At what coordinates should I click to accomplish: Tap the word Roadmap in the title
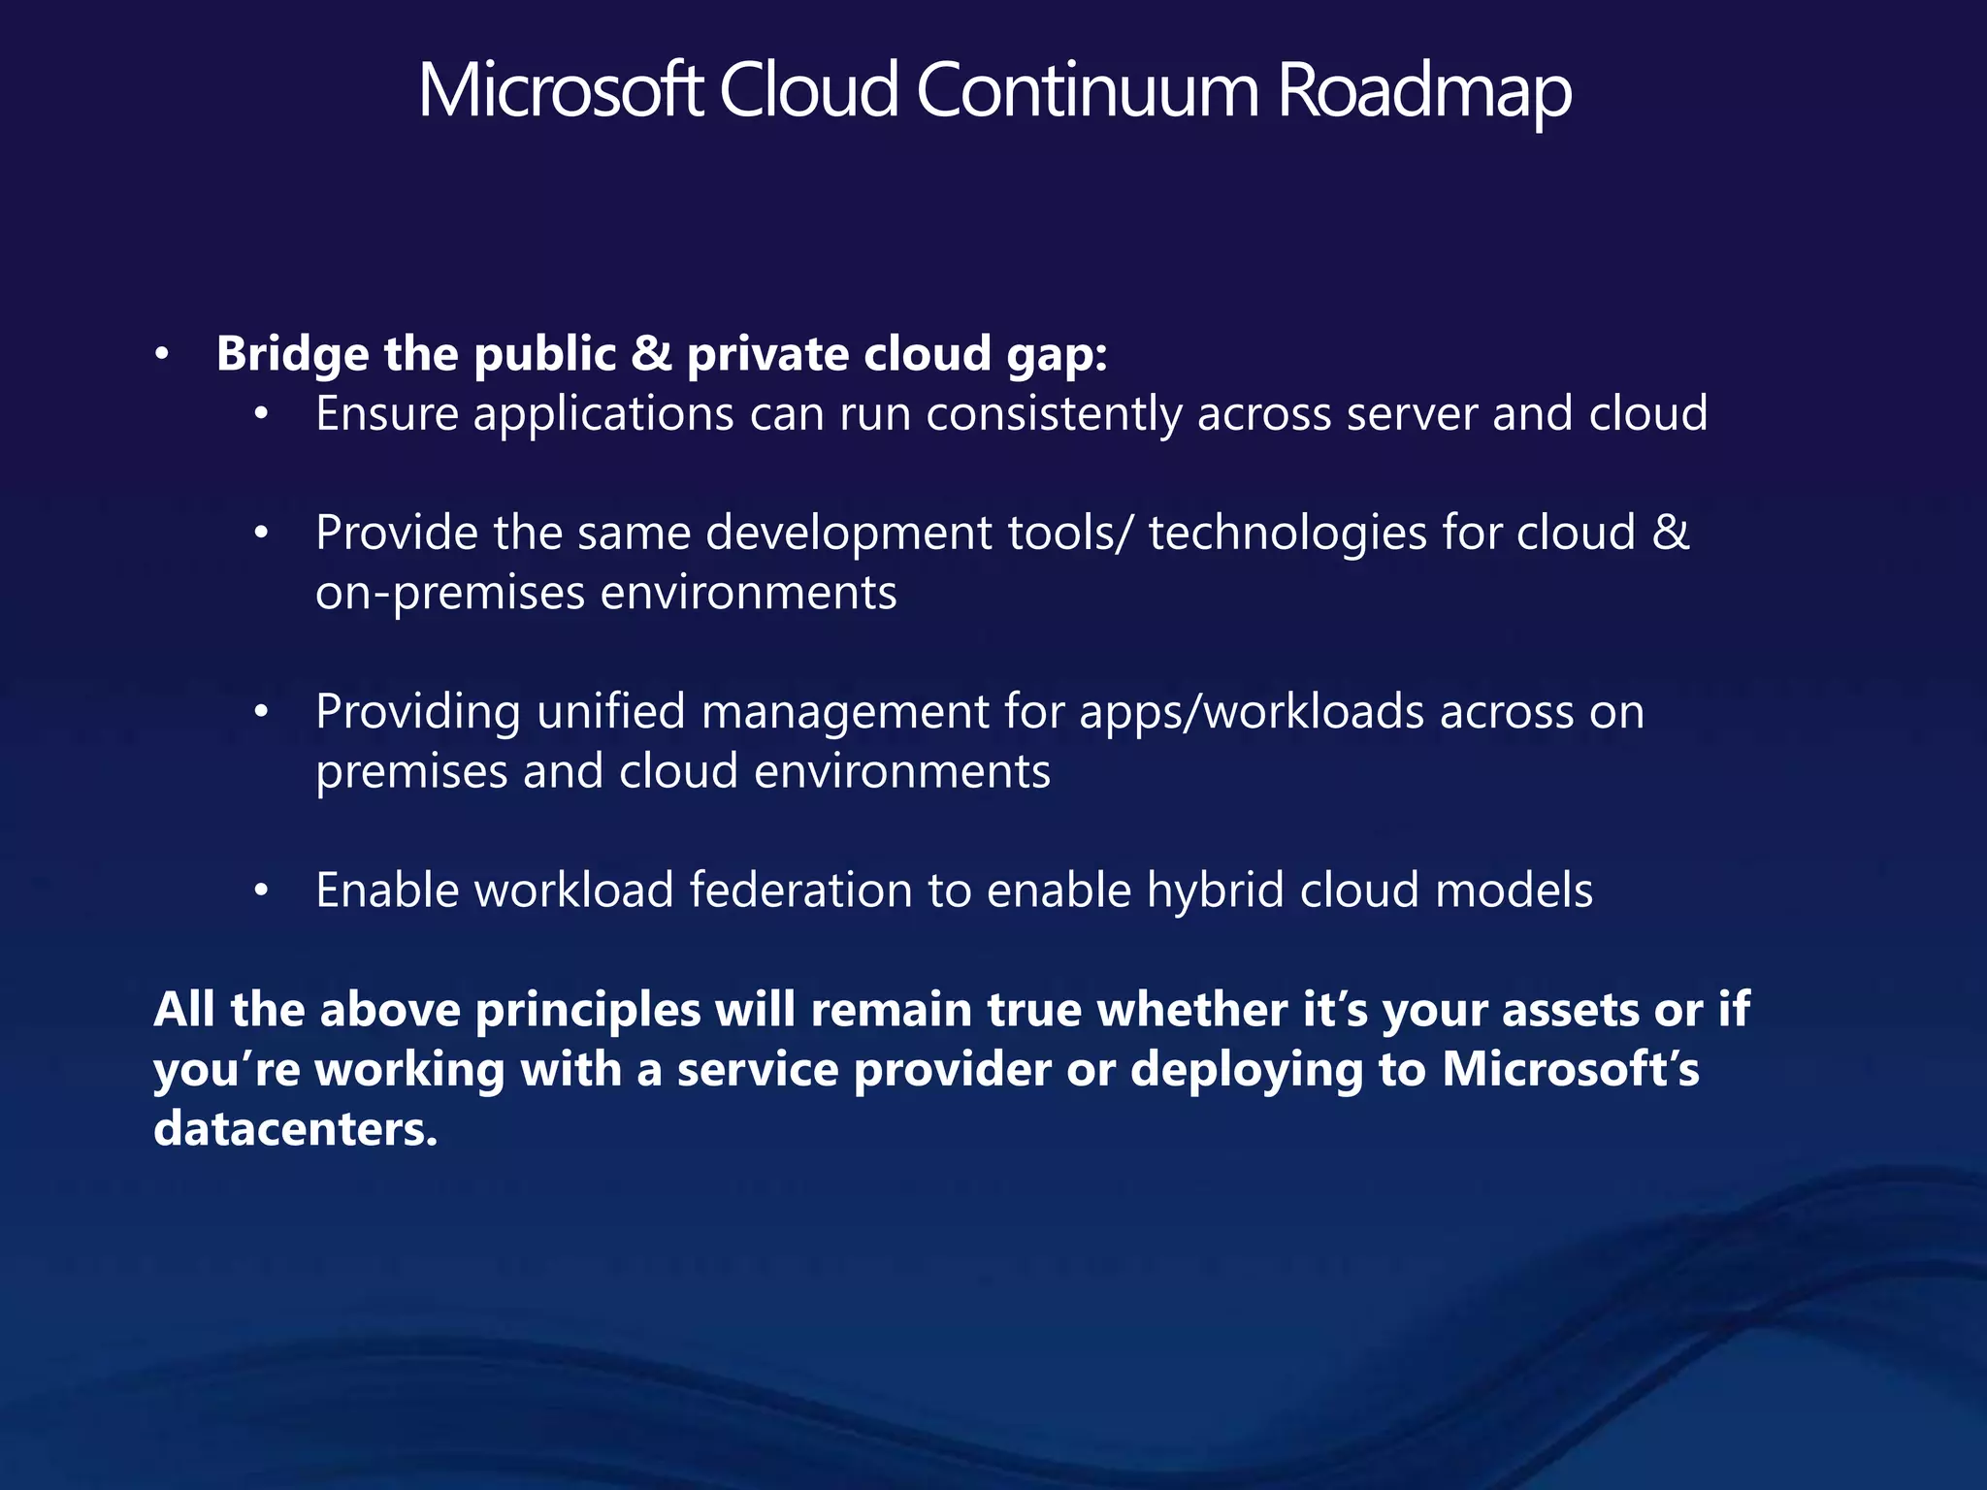point(1423,92)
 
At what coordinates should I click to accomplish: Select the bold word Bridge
point(292,354)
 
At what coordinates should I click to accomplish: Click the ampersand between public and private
point(651,354)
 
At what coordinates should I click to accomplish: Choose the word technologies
point(1287,534)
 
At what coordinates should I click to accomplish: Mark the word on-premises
point(450,594)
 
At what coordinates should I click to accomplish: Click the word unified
point(610,712)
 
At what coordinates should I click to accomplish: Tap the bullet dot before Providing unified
point(260,713)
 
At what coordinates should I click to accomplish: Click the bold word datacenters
point(295,1129)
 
